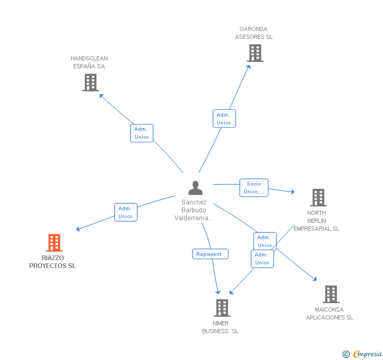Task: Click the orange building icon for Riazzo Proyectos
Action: click(x=54, y=243)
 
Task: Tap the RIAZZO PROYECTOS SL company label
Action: click(x=53, y=262)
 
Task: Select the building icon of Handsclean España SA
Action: click(x=90, y=82)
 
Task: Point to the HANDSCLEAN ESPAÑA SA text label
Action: click(x=89, y=62)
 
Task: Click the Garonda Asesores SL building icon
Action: click(x=255, y=53)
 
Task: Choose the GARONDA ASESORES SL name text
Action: click(x=254, y=33)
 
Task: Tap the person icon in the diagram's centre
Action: click(x=195, y=188)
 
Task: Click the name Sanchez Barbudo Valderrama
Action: click(x=194, y=210)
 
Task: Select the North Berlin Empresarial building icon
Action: click(x=318, y=198)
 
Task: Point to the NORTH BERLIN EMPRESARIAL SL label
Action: click(x=316, y=221)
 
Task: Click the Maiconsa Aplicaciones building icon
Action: click(x=331, y=294)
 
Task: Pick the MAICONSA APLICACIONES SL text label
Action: click(x=329, y=314)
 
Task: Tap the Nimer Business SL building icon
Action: click(x=222, y=308)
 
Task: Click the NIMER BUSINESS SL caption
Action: click(x=220, y=327)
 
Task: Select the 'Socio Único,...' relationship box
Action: click(x=254, y=188)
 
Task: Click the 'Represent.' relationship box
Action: click(x=210, y=254)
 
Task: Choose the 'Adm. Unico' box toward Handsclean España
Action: click(x=142, y=133)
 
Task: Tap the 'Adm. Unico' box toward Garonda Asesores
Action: click(x=224, y=119)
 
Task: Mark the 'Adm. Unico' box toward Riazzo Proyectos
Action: click(x=126, y=212)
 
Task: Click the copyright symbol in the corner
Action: click(x=346, y=354)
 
